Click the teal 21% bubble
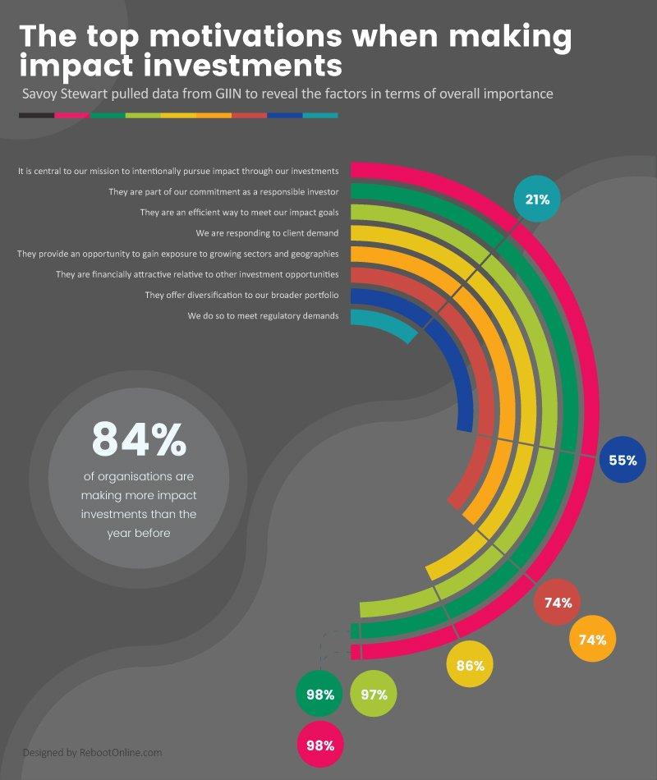(x=537, y=200)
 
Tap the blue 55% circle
(x=623, y=460)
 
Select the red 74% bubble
(x=558, y=603)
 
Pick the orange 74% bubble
(x=593, y=640)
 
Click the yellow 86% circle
(x=470, y=666)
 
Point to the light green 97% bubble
(x=374, y=695)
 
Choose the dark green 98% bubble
(x=319, y=695)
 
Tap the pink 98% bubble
(x=319, y=746)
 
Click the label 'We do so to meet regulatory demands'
(x=263, y=315)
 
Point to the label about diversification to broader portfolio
(x=241, y=295)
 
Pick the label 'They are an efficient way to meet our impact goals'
(x=239, y=213)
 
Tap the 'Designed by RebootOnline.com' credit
(x=92, y=752)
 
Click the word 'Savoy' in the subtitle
(x=40, y=94)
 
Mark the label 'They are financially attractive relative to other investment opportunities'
(x=197, y=274)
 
